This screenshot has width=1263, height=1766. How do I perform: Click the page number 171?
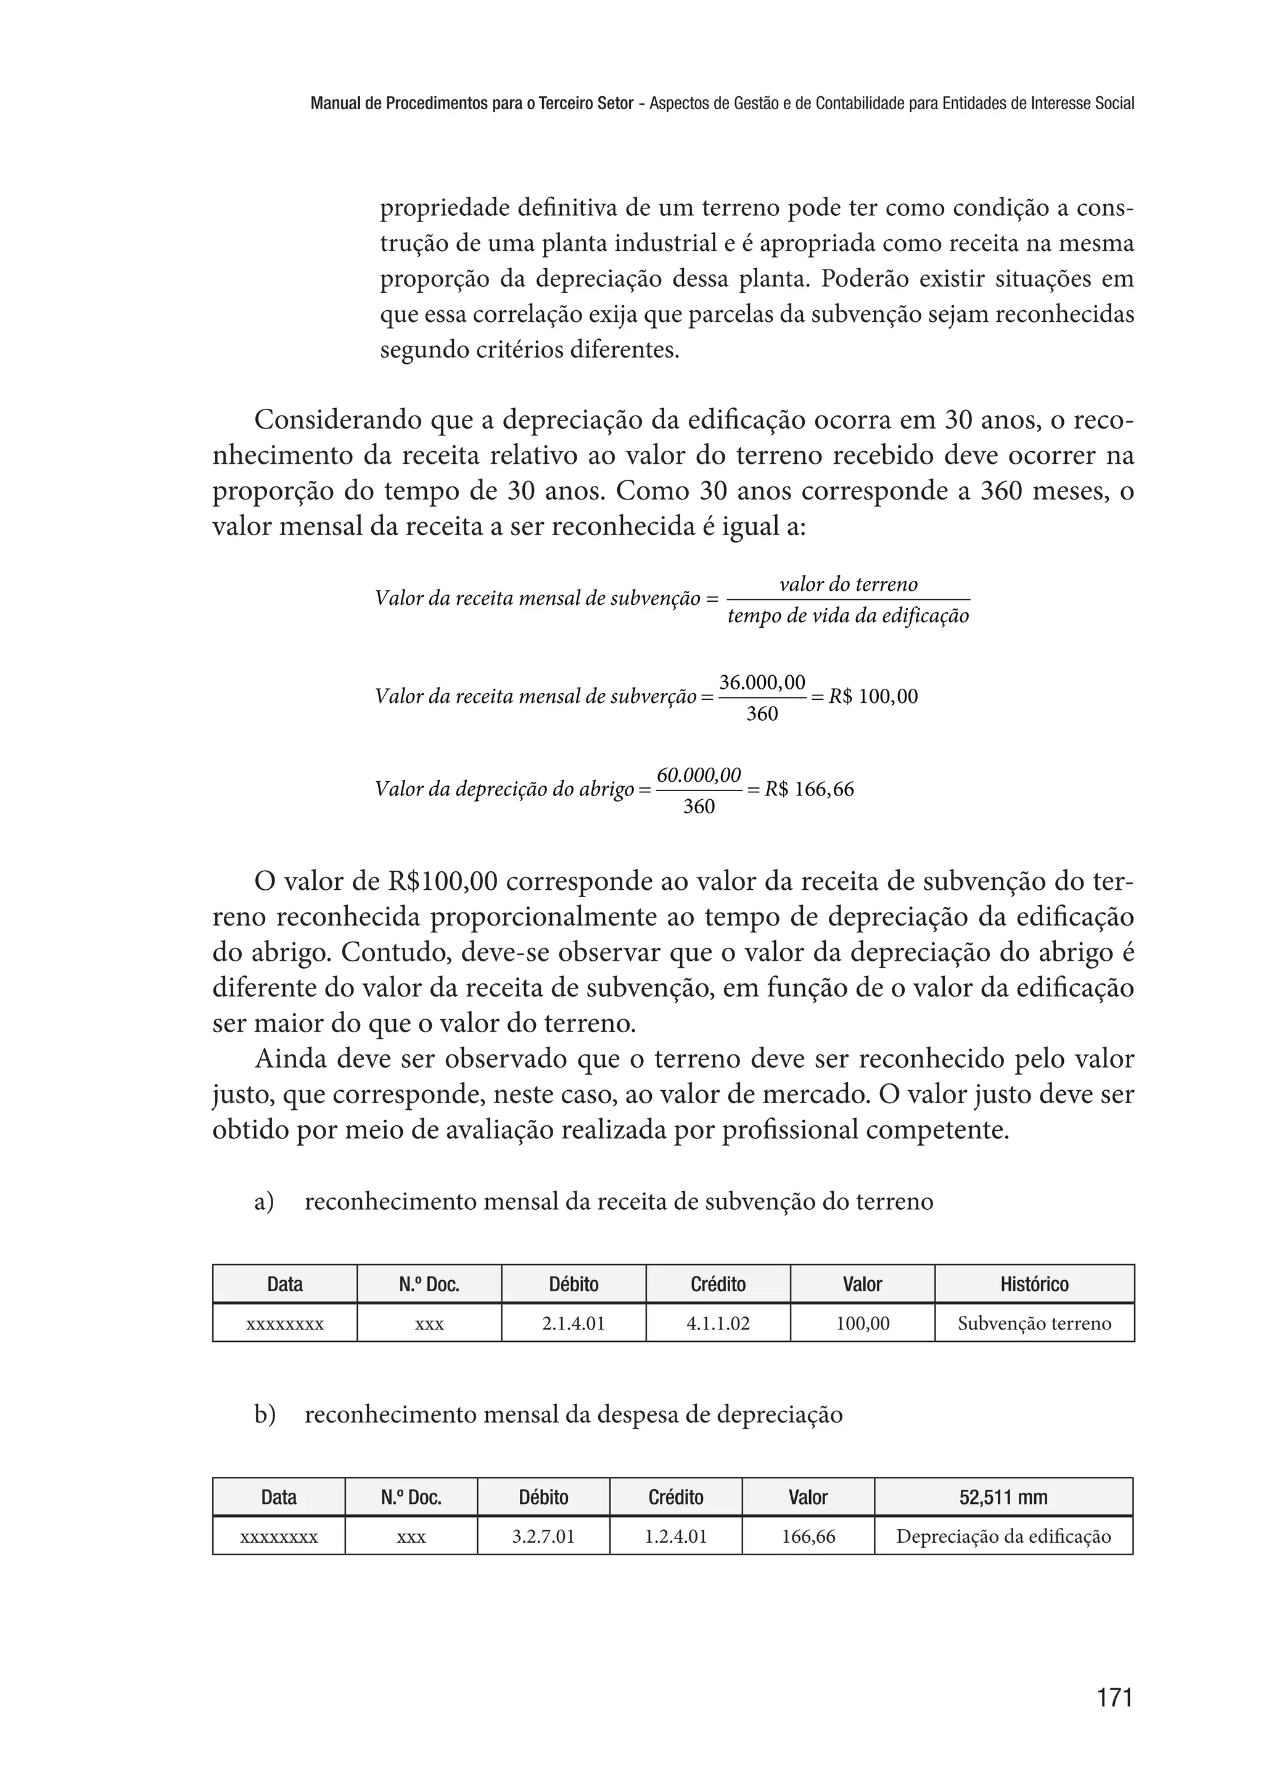(x=1114, y=1697)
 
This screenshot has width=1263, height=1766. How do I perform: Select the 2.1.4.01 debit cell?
(x=573, y=1323)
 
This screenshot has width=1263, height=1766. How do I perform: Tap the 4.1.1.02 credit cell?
(x=718, y=1323)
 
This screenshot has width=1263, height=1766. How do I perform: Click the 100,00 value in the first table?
(x=863, y=1323)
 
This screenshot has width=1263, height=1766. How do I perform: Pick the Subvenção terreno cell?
(x=1034, y=1323)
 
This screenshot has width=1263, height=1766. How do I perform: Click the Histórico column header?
(x=1034, y=1284)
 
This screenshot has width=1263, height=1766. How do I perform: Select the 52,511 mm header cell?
(x=1003, y=1497)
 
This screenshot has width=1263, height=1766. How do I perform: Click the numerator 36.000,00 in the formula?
(x=762, y=683)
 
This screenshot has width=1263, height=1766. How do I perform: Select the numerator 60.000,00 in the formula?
(x=698, y=775)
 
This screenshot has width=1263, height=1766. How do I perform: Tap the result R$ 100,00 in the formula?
(x=873, y=696)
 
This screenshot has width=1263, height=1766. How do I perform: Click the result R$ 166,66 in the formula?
(x=809, y=789)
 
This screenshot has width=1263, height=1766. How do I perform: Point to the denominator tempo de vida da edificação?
(x=848, y=616)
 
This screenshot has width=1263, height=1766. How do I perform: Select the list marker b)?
(x=265, y=1415)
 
